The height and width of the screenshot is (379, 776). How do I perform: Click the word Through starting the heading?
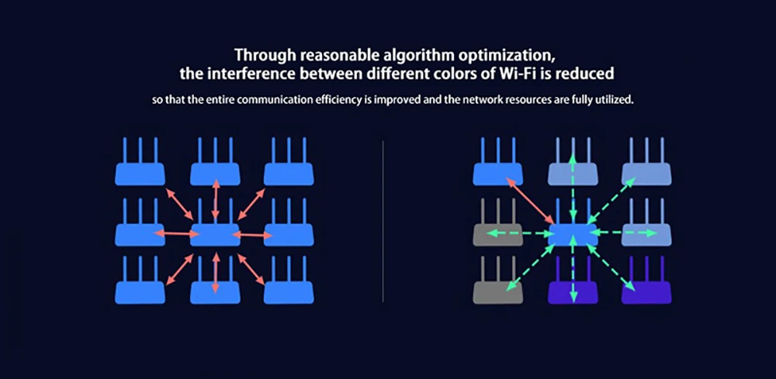pos(262,56)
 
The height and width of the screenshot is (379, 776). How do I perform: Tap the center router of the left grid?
pos(215,233)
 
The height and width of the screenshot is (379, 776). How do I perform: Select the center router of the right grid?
pos(573,233)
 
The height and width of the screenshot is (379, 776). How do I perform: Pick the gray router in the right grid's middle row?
pos(498,233)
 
